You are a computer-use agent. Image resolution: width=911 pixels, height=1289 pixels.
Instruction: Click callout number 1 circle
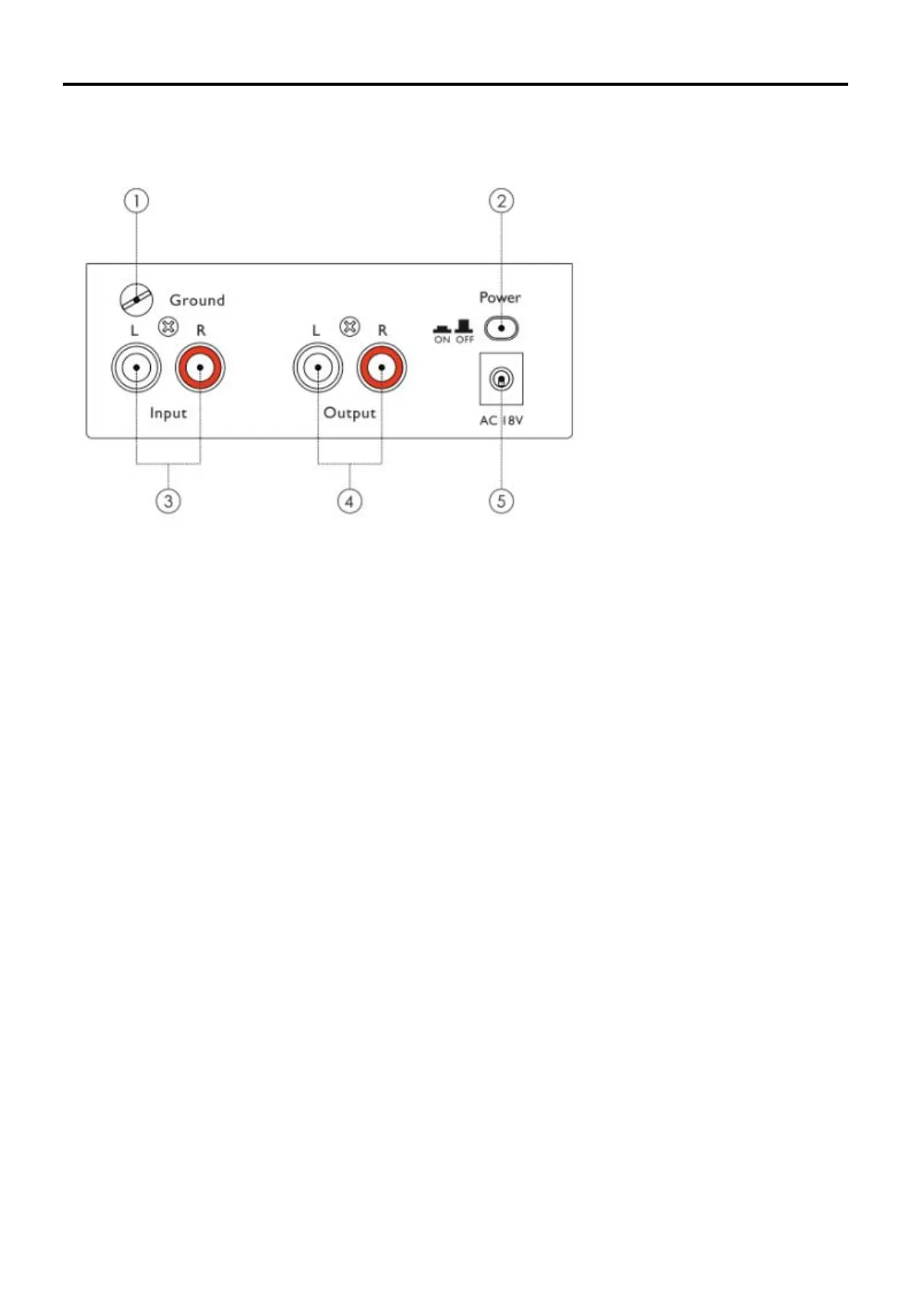[136, 201]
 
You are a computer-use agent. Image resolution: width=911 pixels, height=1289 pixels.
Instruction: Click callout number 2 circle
[501, 201]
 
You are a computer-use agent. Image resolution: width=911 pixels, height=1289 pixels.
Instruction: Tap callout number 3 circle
[168, 501]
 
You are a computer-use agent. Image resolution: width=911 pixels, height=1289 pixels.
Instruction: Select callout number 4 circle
[350, 501]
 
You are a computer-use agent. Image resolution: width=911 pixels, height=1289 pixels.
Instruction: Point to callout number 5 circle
[501, 501]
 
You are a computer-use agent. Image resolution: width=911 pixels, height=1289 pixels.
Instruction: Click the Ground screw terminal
[137, 300]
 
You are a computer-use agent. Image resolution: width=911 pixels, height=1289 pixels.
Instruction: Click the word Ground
[197, 300]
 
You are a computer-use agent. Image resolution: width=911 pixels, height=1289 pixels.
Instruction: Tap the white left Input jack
[136, 367]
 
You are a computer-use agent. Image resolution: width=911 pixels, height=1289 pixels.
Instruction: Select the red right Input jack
[200, 367]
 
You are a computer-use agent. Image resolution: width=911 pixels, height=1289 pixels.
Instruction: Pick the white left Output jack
[318, 367]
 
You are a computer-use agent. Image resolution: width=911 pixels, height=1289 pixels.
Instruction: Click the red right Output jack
[381, 367]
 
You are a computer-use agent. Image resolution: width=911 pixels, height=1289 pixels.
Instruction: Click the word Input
[168, 413]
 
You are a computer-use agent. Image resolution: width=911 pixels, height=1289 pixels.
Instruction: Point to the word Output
[350, 413]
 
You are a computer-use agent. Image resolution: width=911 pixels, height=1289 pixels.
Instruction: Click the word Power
[500, 297]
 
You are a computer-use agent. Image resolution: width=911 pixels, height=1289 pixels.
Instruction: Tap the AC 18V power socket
[501, 379]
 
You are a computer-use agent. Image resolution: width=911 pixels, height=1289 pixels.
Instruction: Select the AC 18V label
[501, 420]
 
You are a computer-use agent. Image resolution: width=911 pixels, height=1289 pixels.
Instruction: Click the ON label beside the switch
[442, 340]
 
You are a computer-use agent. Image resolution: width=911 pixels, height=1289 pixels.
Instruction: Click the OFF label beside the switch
[465, 340]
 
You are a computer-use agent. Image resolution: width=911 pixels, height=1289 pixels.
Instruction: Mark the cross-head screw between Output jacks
[350, 328]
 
